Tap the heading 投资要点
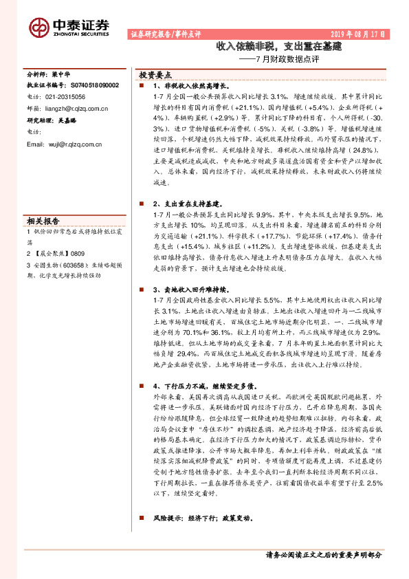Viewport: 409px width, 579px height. (x=155, y=75)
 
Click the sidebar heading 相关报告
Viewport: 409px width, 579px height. (x=43, y=221)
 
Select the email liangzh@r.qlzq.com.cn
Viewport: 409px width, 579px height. (x=76, y=108)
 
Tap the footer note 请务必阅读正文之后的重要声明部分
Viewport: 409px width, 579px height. (x=322, y=554)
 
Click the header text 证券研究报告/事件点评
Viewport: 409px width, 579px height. (x=165, y=34)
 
